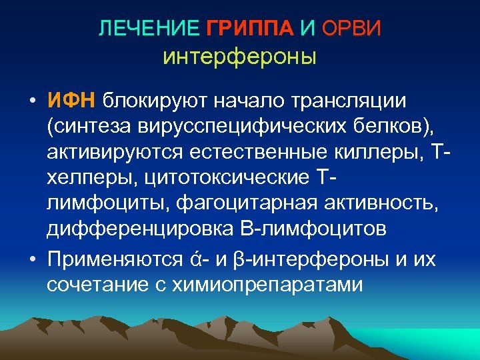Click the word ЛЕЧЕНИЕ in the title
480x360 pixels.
point(148,29)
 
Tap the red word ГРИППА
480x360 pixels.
point(249,29)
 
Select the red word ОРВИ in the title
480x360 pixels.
point(351,29)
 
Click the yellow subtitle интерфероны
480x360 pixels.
point(239,56)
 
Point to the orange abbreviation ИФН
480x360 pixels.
point(72,100)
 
